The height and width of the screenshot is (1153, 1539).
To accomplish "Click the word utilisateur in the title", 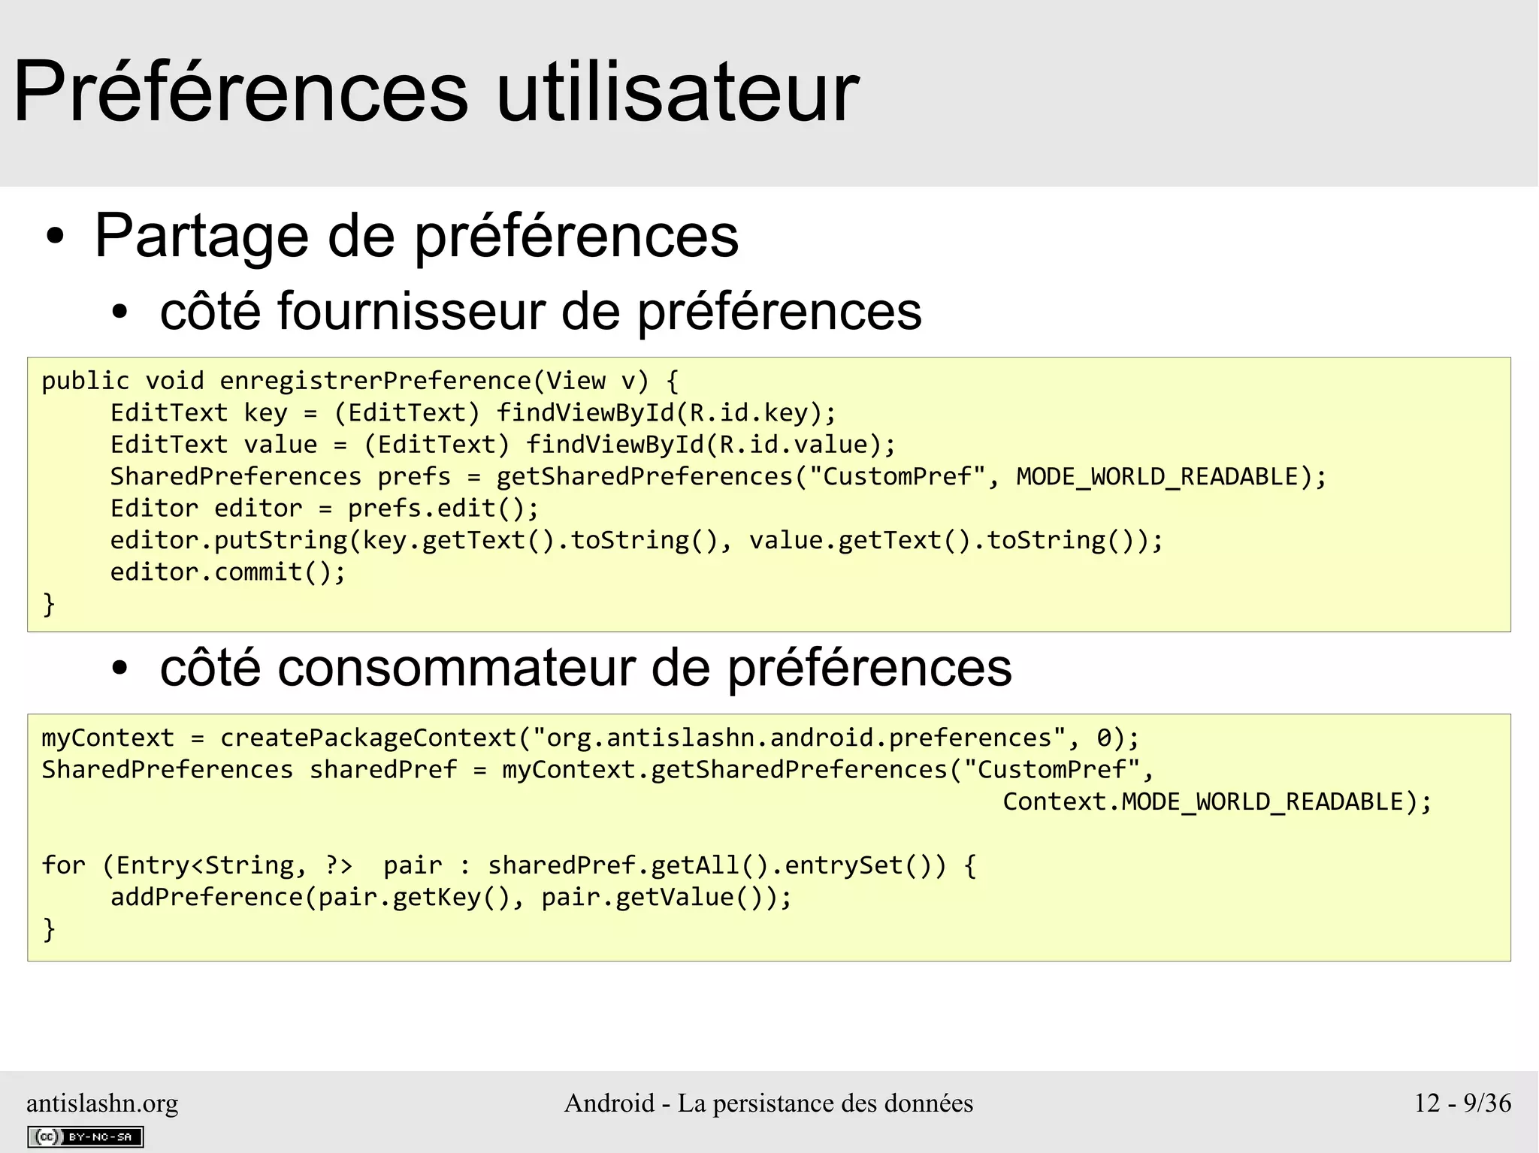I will point(678,93).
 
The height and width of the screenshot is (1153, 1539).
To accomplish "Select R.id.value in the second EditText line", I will point(794,445).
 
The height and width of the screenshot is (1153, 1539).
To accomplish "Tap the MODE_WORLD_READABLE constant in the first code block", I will point(1157,477).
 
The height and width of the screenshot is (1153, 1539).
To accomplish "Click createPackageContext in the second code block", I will point(367,738).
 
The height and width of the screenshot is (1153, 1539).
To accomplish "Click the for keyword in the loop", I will point(64,865).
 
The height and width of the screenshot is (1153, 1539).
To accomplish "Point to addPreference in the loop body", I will point(207,898).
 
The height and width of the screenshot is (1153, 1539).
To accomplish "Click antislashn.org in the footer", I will point(102,1103).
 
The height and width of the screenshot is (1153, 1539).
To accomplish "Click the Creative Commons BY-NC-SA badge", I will point(85,1137).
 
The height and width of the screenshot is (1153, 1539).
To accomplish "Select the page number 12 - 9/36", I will point(1462,1103).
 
